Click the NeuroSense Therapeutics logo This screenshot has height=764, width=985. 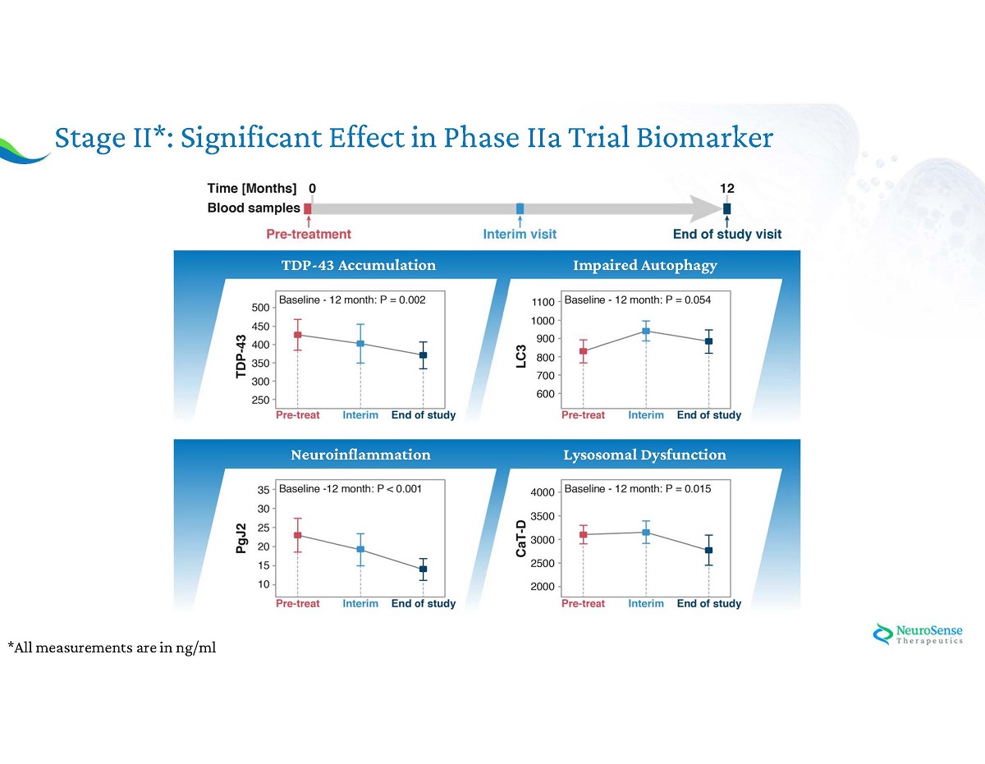tap(918, 634)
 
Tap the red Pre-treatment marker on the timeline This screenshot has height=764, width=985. tap(308, 208)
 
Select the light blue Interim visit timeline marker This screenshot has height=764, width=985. tap(520, 208)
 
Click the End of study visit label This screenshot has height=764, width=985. tap(726, 234)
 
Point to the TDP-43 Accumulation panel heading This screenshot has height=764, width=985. tap(358, 265)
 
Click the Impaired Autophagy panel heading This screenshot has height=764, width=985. tap(644, 265)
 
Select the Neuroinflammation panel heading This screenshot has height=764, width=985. tap(360, 454)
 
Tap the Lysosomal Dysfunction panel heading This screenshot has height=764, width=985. tap(644, 454)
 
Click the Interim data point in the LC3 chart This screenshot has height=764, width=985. tap(646, 332)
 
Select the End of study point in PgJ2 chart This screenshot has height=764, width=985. tap(423, 569)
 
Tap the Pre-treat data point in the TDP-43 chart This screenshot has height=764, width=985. tap(297, 335)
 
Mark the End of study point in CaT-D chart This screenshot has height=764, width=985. tap(708, 550)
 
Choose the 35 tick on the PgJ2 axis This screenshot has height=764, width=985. tap(263, 490)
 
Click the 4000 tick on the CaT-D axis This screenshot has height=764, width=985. tap(543, 492)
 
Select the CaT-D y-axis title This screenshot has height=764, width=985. tap(521, 539)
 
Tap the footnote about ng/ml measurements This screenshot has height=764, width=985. tap(112, 648)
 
